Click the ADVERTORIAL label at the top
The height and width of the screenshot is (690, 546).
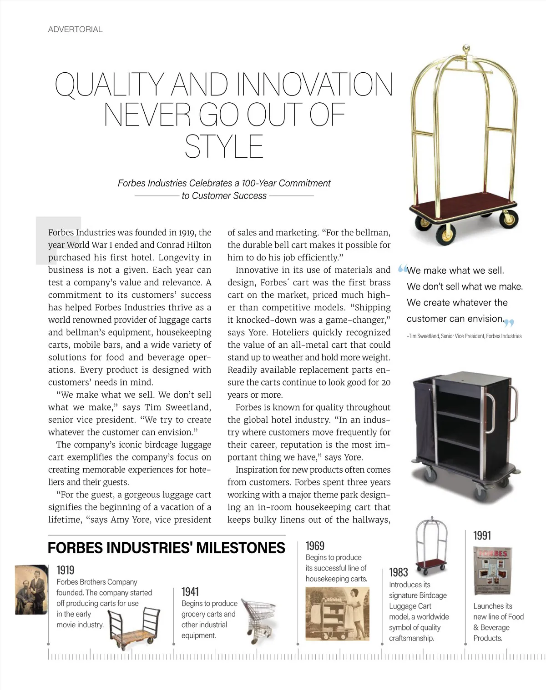pyautogui.click(x=75, y=30)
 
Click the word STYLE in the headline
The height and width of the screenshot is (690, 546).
pyautogui.click(x=224, y=146)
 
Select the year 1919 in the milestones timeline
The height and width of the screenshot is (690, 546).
pyautogui.click(x=65, y=570)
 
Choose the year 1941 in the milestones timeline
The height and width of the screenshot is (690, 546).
pyautogui.click(x=190, y=591)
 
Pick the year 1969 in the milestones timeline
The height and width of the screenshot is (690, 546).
pyautogui.click(x=315, y=545)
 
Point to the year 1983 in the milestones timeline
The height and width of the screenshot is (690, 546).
pyautogui.click(x=398, y=572)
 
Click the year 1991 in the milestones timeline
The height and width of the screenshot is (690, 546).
pyautogui.click(x=482, y=535)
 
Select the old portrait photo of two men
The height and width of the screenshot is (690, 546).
pyautogui.click(x=31, y=589)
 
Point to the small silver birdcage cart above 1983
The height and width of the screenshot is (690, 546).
pyautogui.click(x=430, y=545)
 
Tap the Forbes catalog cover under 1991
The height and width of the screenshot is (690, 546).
pyautogui.click(x=493, y=571)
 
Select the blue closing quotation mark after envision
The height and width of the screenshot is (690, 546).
pyautogui.click(x=509, y=323)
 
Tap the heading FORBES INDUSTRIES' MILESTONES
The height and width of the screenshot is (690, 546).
pyautogui.click(x=166, y=548)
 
